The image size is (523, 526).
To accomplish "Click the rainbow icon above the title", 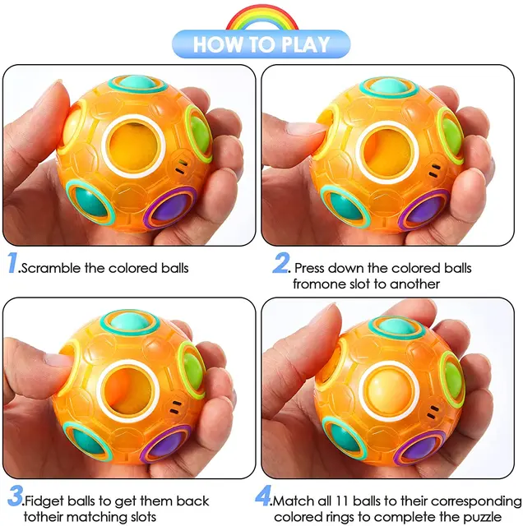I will point(261,16).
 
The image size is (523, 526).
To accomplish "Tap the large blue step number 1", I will point(12,265).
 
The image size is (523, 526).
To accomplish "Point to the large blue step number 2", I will point(281,265).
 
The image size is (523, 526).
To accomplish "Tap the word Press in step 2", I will point(311,268).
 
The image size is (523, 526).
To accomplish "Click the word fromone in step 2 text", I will point(319,284).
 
